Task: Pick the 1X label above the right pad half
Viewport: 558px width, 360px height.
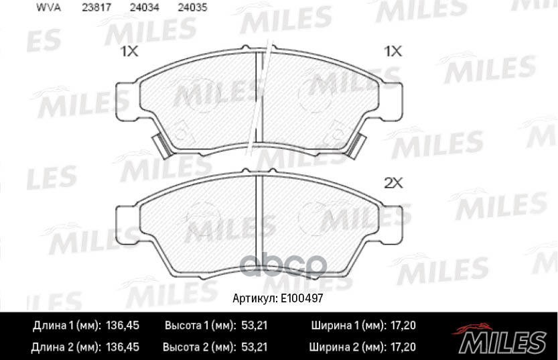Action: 392,52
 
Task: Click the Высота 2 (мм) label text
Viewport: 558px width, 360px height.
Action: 199,347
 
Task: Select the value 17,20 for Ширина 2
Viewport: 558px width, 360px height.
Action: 402,347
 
